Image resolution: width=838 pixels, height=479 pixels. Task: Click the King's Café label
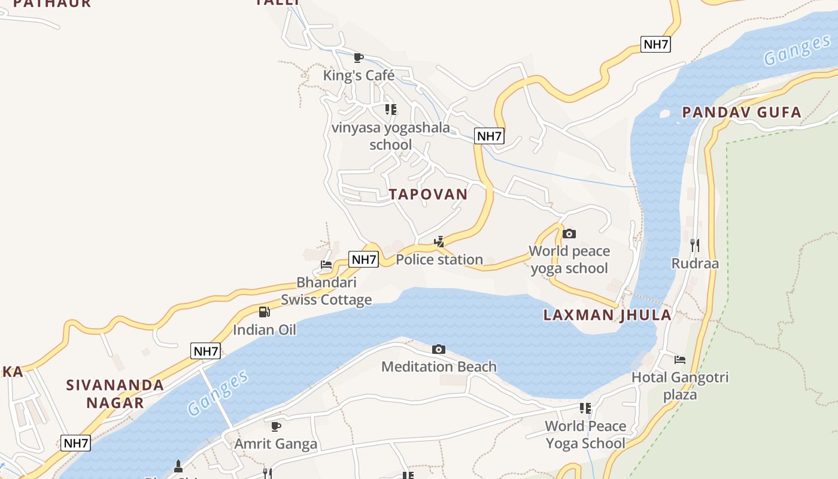359,75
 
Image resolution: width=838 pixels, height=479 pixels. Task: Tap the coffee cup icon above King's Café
359,57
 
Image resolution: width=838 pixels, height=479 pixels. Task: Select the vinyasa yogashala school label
390,136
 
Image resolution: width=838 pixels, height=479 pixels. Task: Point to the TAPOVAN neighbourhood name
428,194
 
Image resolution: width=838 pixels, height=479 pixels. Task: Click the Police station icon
439,241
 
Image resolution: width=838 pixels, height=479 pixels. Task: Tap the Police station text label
439,259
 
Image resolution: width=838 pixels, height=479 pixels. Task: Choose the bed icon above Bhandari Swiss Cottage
326,264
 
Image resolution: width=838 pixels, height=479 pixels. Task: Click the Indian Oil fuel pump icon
264,311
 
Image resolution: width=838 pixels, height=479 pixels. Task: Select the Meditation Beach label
439,366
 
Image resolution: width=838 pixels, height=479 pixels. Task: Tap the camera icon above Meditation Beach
439,349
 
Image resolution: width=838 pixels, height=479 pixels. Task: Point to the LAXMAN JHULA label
607,315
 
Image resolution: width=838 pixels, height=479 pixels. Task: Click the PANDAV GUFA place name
742,112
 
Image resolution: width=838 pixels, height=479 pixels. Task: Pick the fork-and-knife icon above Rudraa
694,245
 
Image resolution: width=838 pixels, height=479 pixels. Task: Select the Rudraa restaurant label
694,263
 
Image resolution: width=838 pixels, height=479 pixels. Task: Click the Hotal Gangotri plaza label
680,386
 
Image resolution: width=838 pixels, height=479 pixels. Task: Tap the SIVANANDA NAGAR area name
115,393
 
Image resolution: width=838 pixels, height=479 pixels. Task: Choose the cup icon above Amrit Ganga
275,426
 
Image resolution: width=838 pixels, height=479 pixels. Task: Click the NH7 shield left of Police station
364,259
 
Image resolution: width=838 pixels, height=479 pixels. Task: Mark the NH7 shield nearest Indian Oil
205,351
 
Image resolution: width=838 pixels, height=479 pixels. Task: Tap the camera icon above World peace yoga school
569,234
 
